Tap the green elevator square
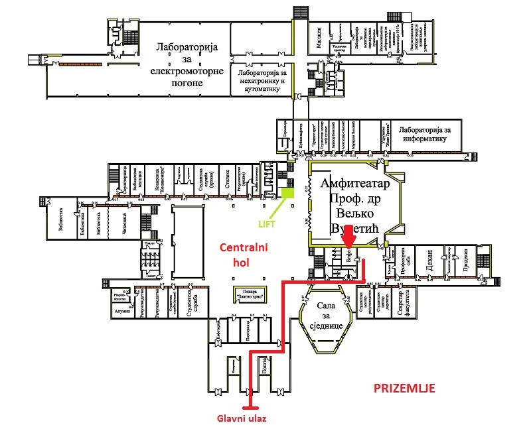pos(287,194)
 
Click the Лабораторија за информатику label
pos(425,135)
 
